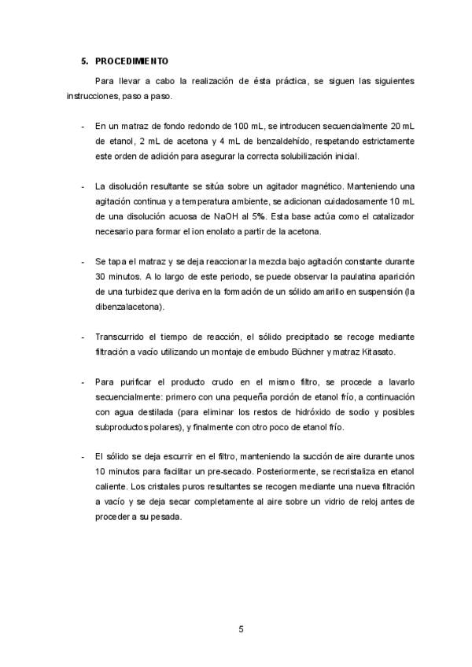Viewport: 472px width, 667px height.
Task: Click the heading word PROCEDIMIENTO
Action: pos(131,61)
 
